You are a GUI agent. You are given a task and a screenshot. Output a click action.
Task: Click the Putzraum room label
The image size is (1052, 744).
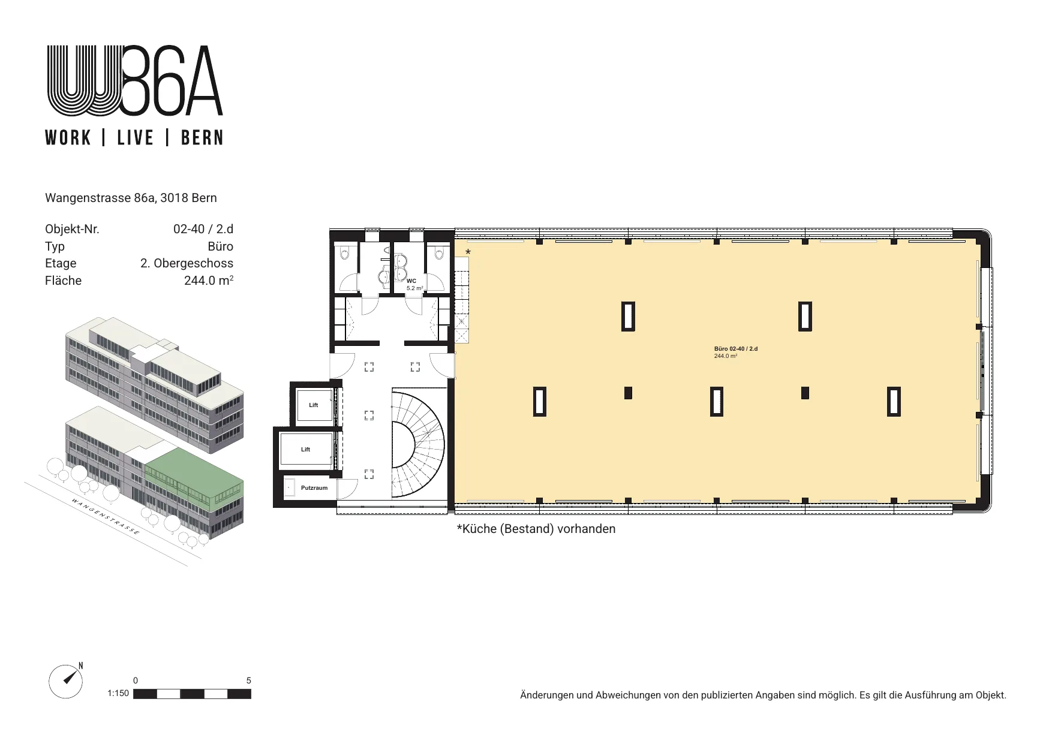[x=314, y=488]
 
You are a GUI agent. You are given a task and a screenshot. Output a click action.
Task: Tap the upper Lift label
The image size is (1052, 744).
[x=313, y=405]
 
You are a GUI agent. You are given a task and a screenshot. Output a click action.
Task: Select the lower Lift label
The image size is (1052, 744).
[x=305, y=450]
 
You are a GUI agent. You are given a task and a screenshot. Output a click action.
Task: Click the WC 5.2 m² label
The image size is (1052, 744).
[x=414, y=284]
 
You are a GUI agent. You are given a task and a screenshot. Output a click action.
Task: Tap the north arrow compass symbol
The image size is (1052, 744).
[x=65, y=682]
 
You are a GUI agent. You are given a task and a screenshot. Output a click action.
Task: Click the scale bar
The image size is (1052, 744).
[x=192, y=694]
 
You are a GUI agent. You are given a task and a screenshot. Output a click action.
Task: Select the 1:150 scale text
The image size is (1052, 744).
[x=118, y=694]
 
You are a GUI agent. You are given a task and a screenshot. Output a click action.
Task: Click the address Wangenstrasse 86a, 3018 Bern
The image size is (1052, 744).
[x=131, y=198]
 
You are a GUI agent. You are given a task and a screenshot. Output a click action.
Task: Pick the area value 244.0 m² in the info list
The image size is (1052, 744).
[x=209, y=280]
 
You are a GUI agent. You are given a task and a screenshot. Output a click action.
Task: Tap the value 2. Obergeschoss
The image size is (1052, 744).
[x=187, y=263]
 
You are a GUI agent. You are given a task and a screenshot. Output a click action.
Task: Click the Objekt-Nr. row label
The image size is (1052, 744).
[x=72, y=229]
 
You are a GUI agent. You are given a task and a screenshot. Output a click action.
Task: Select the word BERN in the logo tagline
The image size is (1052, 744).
[x=202, y=138]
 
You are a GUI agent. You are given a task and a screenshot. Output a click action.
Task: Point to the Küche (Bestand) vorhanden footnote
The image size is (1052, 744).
[x=536, y=529]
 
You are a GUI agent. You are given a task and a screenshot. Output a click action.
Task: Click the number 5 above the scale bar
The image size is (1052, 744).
[x=249, y=680]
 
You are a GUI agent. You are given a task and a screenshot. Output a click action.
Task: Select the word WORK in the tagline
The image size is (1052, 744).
[x=68, y=138]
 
